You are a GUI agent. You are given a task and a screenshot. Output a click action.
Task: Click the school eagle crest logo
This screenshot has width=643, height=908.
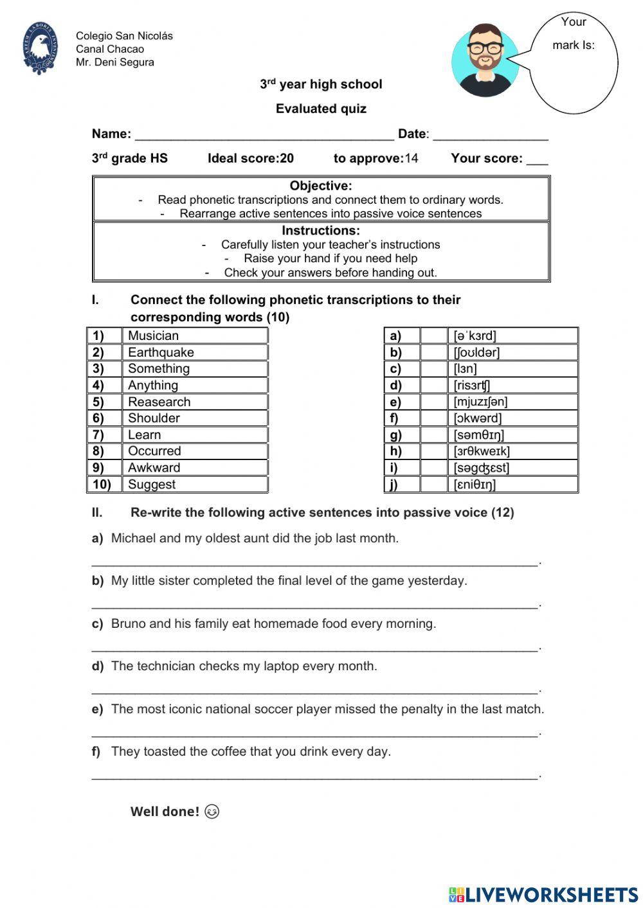[40, 48]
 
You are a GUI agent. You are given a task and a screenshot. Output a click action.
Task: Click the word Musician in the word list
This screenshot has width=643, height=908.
[153, 335]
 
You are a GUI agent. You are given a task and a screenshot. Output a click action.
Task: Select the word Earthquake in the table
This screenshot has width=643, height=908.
[161, 352]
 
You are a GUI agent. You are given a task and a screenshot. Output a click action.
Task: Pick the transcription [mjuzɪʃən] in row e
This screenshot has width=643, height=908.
[480, 402]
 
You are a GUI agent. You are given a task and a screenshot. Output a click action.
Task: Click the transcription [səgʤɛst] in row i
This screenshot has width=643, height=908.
[481, 468]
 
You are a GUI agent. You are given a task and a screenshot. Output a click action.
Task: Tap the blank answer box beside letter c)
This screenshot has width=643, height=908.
[433, 369]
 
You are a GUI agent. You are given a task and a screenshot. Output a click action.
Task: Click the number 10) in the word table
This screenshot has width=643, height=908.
[102, 485]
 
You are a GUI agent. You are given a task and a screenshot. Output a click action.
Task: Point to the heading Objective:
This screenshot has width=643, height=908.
[321, 186]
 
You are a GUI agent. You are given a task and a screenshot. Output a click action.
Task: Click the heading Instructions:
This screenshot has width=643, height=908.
[321, 230]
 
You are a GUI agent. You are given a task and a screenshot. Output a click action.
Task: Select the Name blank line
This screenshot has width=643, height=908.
[264, 136]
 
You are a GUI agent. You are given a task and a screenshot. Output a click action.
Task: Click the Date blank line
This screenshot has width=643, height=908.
[490, 136]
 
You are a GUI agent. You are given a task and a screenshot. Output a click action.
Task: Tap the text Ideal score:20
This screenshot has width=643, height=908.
[250, 158]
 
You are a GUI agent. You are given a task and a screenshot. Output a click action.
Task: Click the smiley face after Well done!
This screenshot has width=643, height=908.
[212, 812]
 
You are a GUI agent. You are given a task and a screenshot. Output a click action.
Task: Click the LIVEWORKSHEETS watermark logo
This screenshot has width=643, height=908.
[543, 894]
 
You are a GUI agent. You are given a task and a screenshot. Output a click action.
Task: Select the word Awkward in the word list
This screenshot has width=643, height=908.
[154, 468]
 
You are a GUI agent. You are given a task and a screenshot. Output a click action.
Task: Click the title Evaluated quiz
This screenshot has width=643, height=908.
[321, 109]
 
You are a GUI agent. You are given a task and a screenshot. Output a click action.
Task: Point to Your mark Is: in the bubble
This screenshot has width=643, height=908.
[574, 33]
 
